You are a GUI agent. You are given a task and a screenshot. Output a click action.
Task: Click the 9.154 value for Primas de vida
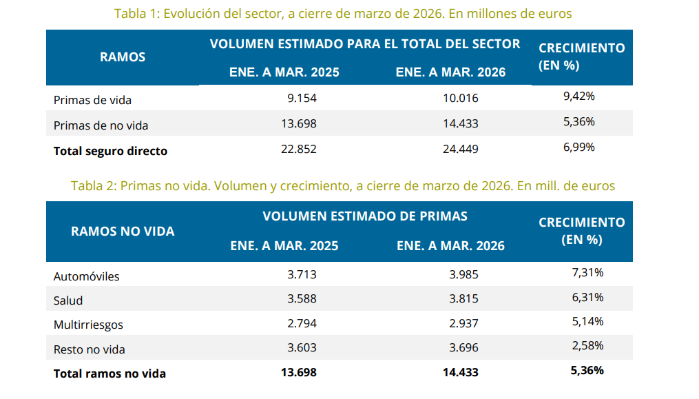(x=302, y=98)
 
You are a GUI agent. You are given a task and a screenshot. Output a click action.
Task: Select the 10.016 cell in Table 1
(x=460, y=98)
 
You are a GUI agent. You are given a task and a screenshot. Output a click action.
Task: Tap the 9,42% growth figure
(x=578, y=96)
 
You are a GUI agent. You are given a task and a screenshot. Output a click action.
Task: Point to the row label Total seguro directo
(x=110, y=151)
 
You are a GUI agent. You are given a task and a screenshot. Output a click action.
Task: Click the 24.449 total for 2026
(x=460, y=149)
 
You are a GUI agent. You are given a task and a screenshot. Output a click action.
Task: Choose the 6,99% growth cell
(x=578, y=147)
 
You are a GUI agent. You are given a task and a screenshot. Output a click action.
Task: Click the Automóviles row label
(x=87, y=276)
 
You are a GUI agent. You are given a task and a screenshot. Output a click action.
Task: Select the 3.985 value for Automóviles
(x=463, y=274)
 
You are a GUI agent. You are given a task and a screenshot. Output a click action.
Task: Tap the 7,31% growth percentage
(x=587, y=273)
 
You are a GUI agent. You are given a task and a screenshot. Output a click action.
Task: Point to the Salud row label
(x=68, y=300)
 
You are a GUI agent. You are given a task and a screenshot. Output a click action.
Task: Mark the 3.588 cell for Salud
(x=302, y=299)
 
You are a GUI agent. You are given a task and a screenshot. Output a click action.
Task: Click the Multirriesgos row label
(x=88, y=325)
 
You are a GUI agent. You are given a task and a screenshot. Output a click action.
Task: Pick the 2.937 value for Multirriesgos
(x=463, y=324)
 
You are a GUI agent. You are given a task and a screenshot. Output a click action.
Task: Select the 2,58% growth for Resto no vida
(x=587, y=345)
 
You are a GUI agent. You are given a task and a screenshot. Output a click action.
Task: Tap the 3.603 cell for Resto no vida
(x=302, y=349)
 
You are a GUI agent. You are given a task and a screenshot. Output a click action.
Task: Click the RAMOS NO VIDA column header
(x=123, y=232)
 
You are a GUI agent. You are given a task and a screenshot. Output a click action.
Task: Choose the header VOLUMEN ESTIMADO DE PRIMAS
(x=365, y=216)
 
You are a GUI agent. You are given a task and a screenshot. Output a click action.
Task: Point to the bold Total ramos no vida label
(x=109, y=374)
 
